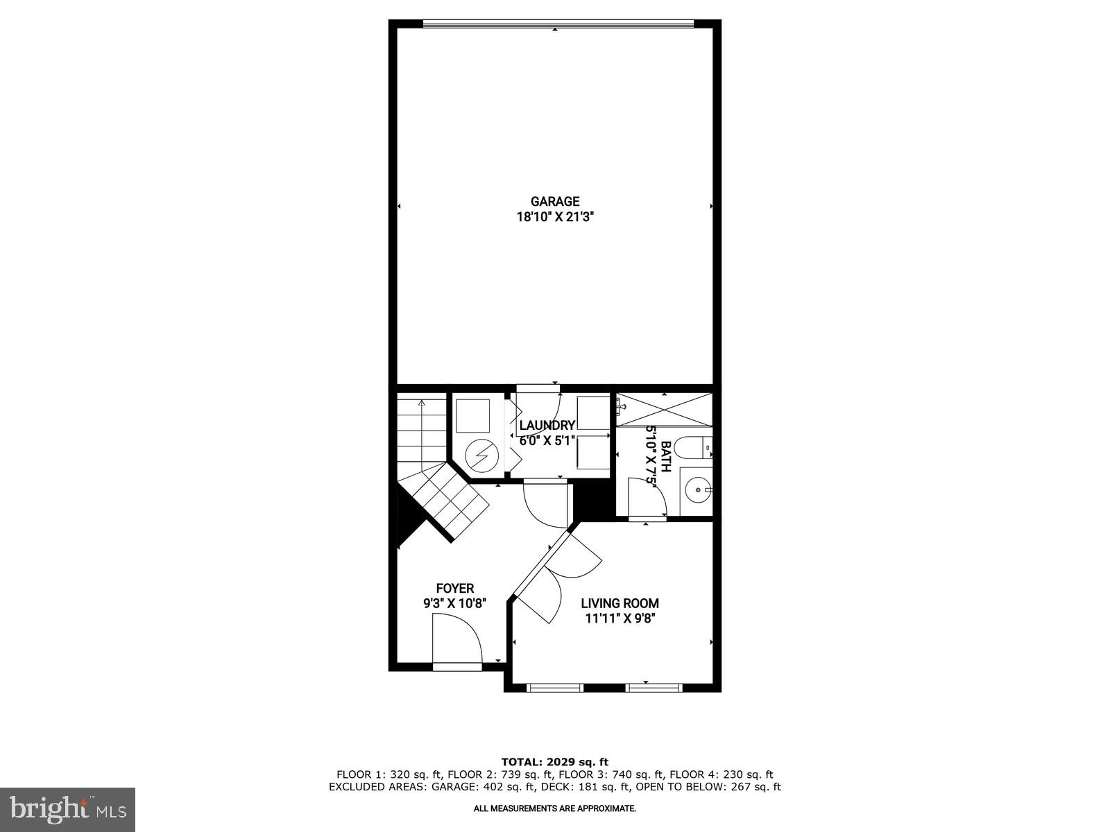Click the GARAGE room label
click(555, 202)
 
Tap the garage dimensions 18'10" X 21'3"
click(555, 217)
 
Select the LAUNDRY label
click(547, 426)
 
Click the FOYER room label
click(455, 589)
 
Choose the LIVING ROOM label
click(620, 603)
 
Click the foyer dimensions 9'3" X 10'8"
click(455, 603)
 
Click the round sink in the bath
click(695, 491)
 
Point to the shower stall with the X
click(665, 409)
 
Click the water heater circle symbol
click(477, 455)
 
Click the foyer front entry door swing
click(458, 639)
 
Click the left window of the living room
click(554, 687)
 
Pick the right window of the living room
click(654, 687)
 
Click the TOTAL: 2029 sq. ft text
click(555, 762)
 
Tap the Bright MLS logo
click(68, 808)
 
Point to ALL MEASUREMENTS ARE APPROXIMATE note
click(555, 808)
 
